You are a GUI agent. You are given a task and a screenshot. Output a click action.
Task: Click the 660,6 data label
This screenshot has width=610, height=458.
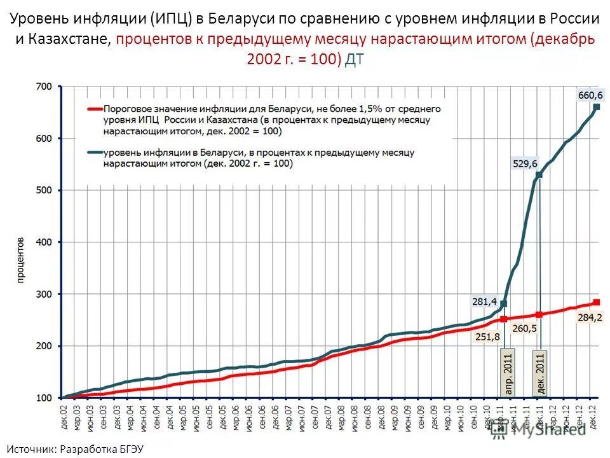click(590, 95)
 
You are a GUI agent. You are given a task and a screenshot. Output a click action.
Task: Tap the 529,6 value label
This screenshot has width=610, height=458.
click(525, 164)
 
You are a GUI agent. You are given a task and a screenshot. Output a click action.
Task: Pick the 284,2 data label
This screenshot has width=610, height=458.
click(590, 317)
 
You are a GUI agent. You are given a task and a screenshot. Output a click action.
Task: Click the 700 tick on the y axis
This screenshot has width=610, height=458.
click(44, 87)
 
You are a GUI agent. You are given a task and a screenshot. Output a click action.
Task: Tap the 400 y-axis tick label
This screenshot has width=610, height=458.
click(44, 242)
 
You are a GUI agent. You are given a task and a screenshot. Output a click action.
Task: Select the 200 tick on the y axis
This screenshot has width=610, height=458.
click(44, 346)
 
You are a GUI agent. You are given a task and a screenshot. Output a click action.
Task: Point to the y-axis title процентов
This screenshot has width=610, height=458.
click(20, 260)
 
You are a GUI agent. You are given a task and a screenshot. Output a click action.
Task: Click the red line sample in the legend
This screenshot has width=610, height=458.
click(93, 109)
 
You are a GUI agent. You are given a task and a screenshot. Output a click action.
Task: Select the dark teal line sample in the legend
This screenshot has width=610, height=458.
click(93, 153)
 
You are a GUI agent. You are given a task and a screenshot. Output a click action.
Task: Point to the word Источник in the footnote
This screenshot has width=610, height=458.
click(32, 448)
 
